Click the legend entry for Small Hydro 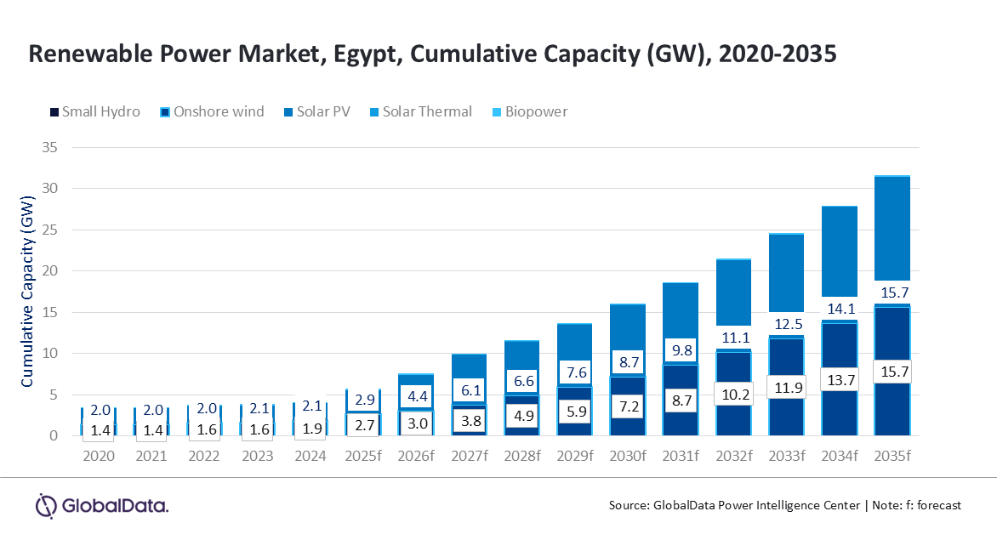94,111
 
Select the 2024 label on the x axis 310,457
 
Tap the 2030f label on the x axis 626,457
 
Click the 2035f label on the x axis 892,457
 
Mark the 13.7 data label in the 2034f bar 839,380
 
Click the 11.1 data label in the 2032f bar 733,338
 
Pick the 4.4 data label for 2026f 416,395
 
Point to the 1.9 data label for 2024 310,429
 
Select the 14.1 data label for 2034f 839,309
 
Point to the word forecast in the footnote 937,505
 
